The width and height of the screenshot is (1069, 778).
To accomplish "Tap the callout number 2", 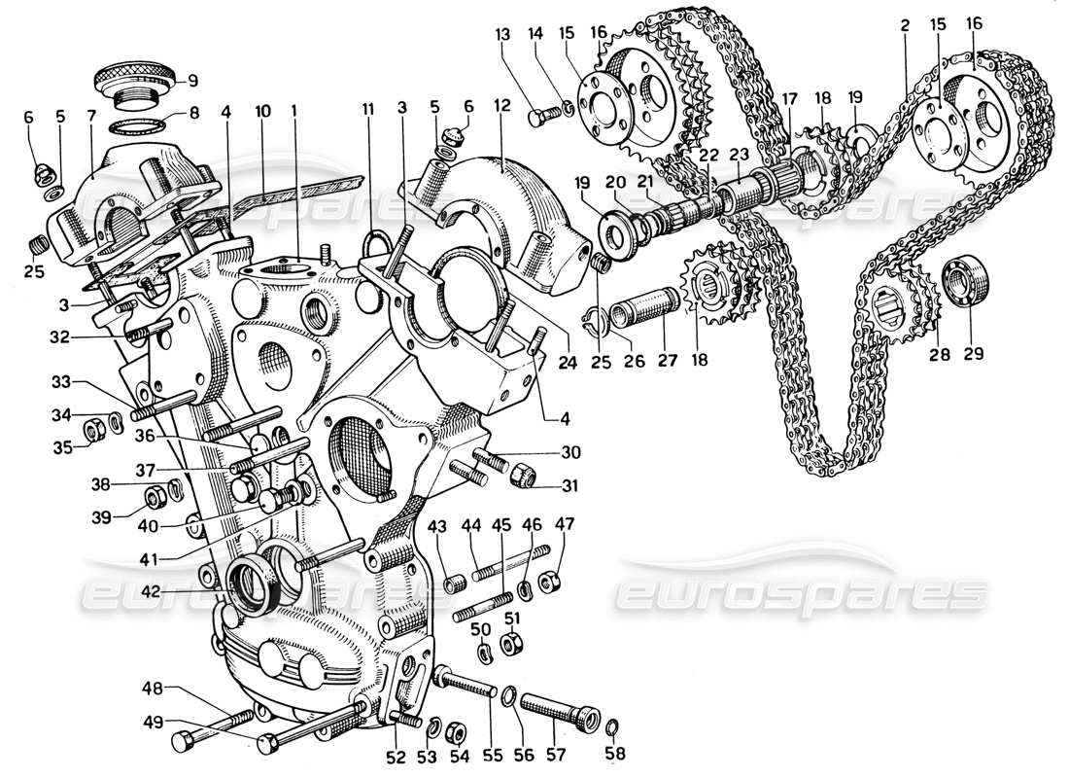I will tap(905, 26).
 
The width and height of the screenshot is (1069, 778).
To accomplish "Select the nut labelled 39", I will tap(155, 499).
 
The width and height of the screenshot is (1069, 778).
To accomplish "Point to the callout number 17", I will tap(788, 98).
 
